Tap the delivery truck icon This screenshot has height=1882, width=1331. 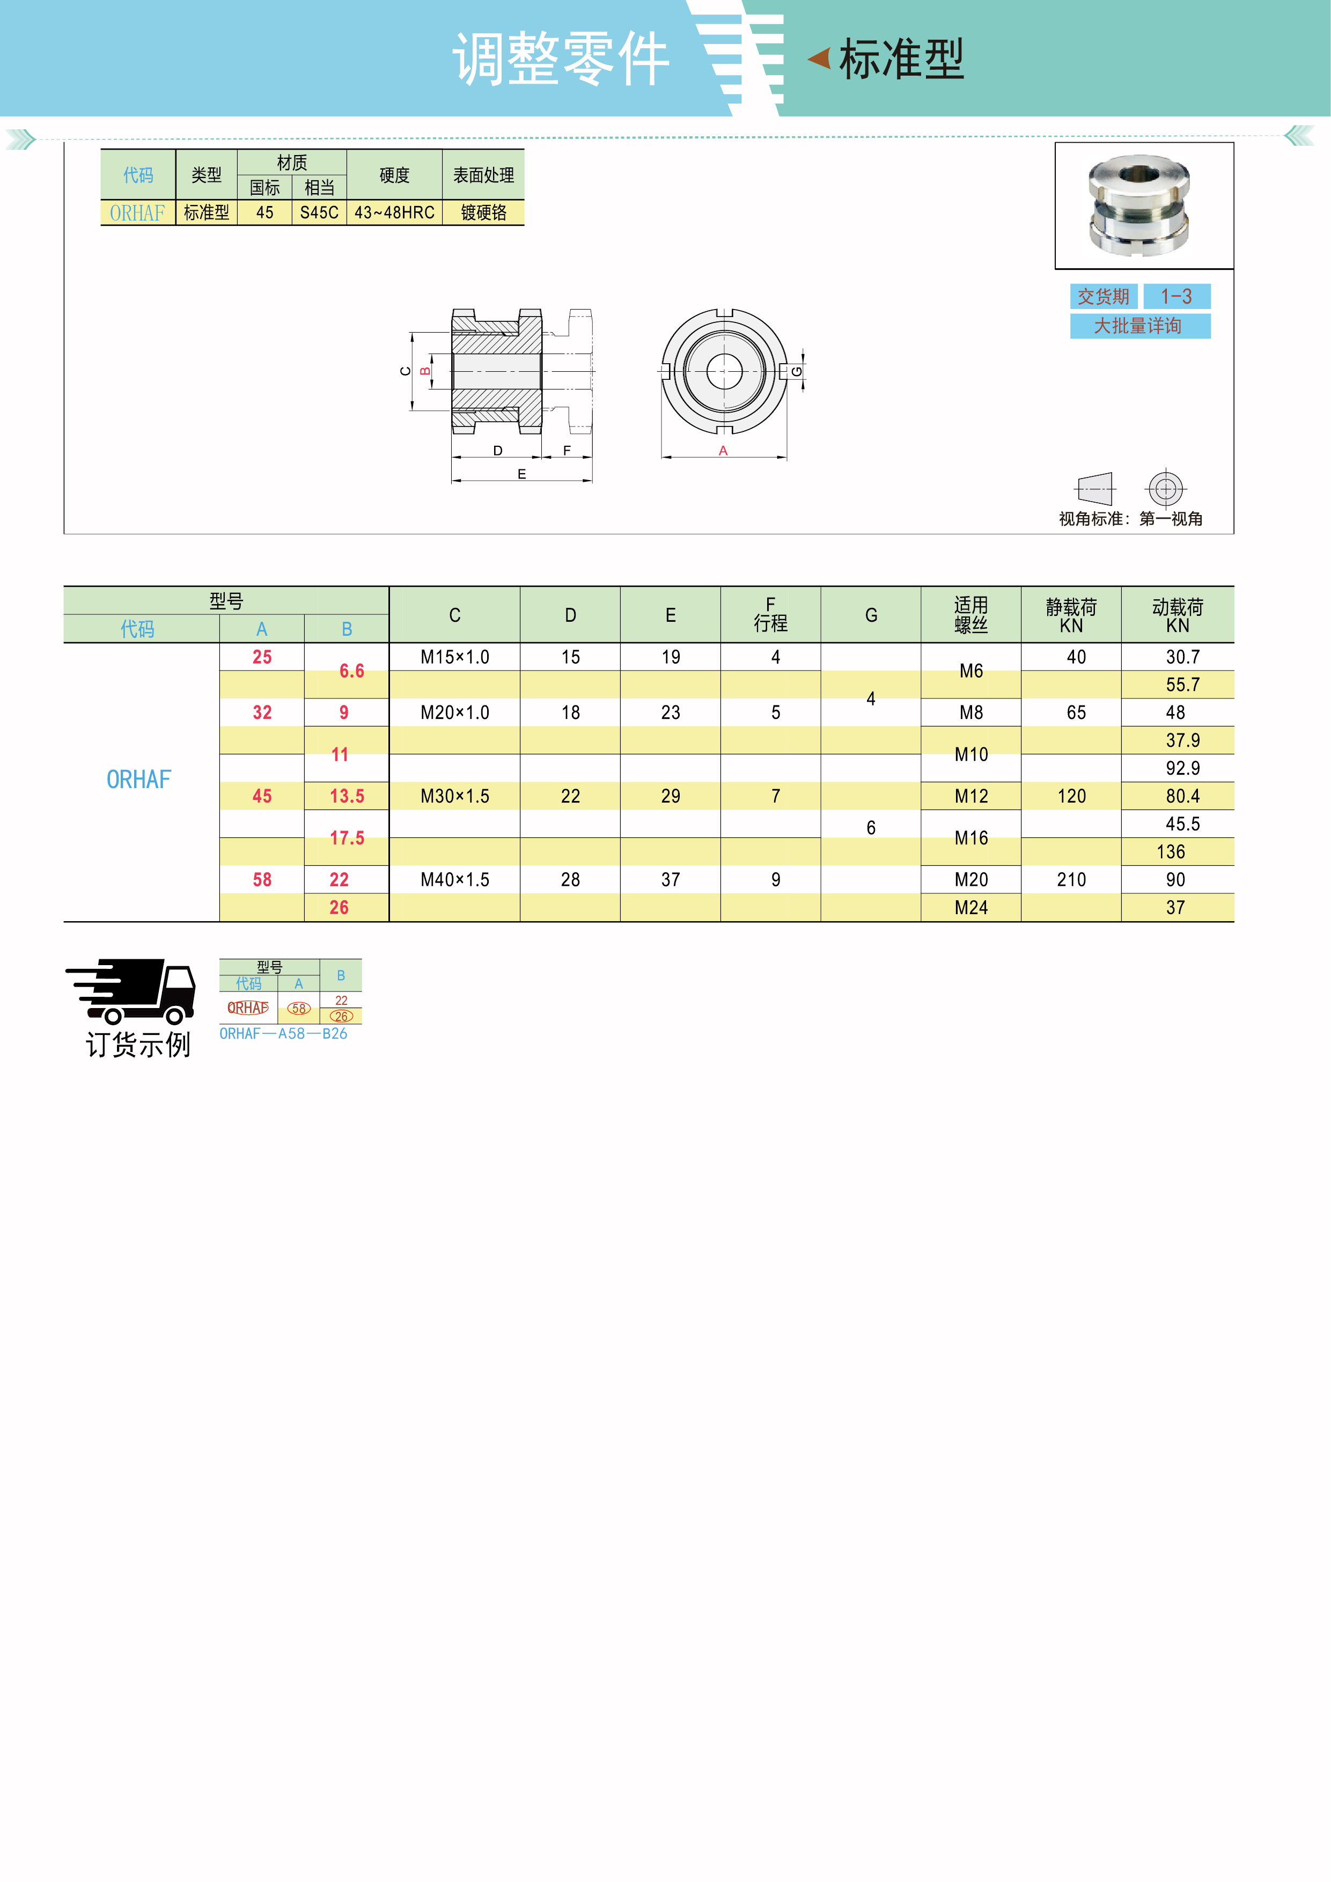130,991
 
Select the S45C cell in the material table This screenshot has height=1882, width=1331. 319,212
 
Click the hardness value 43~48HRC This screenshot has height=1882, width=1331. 394,212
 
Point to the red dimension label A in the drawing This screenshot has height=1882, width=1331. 723,451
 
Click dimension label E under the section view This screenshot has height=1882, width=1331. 521,474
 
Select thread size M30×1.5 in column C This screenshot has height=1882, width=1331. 455,796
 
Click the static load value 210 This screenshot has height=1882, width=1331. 1071,879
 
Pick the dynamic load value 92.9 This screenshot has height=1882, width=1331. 1182,768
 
